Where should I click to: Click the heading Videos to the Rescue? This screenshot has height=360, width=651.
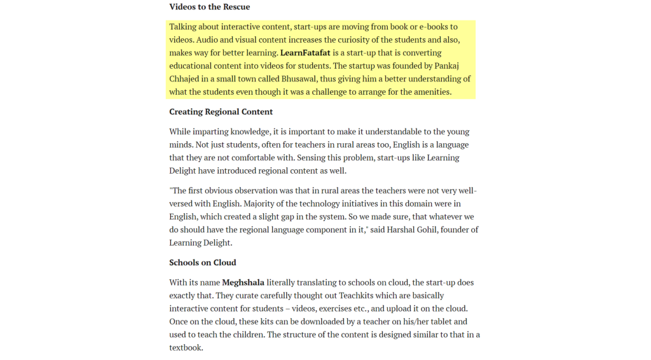209,7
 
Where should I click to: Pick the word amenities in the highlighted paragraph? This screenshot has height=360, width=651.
429,92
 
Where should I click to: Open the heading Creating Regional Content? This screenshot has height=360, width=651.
221,112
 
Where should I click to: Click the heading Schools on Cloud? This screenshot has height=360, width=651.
202,263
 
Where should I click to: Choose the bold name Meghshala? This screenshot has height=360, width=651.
243,282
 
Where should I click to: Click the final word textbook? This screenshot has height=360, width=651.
186,348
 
